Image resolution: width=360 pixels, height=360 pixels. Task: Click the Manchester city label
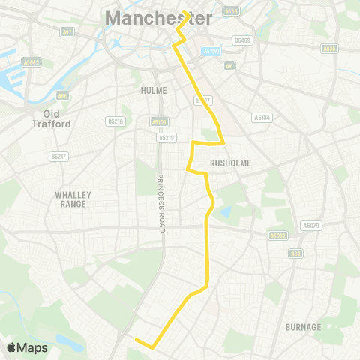tap(158, 18)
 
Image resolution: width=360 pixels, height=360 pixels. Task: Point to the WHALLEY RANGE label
tap(73, 199)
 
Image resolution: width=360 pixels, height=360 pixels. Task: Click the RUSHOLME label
tap(230, 162)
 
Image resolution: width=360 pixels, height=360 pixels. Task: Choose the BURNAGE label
tap(303, 327)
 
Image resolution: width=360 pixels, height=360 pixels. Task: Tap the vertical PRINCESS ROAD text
tap(160, 202)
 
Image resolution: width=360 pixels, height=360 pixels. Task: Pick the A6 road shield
tap(230, 67)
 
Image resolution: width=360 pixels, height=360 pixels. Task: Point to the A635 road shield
tap(329, 49)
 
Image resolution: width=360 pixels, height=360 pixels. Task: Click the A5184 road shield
tap(262, 117)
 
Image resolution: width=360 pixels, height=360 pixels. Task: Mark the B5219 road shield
tap(166, 138)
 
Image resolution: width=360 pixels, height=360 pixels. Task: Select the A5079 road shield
tap(310, 225)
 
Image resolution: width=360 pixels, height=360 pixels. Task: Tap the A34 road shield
tap(296, 253)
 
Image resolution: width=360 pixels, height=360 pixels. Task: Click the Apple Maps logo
tap(27, 347)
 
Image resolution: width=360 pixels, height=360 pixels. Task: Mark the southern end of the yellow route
tap(136, 340)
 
